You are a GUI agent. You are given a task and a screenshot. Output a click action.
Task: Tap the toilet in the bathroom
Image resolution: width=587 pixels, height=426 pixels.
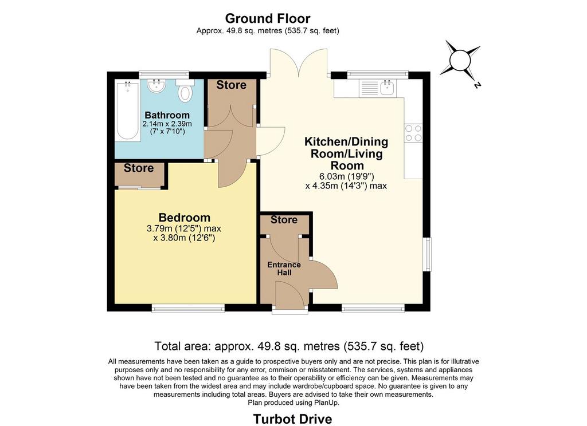click(x=185, y=90)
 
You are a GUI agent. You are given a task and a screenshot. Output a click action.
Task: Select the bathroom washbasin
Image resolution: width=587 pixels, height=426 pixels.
click(x=156, y=86)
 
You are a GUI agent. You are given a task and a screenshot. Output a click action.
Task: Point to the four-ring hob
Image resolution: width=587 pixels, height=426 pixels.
click(x=413, y=133)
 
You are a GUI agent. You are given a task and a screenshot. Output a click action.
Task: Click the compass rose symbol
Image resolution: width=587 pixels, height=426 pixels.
click(x=460, y=61)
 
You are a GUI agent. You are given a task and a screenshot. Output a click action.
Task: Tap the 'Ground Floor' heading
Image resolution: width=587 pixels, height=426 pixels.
click(x=268, y=18)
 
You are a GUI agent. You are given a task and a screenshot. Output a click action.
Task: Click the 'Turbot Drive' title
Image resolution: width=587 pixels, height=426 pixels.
click(x=292, y=419)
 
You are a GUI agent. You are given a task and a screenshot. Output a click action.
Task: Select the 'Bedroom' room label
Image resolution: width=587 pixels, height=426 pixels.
click(x=185, y=218)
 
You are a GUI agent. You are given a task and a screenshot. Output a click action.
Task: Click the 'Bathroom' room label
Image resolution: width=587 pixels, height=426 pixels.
click(x=167, y=115)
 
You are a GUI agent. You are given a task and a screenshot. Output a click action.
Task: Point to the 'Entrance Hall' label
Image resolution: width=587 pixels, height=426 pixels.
click(x=284, y=269)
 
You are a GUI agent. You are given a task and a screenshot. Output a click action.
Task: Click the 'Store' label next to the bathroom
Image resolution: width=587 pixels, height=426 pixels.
click(x=232, y=85)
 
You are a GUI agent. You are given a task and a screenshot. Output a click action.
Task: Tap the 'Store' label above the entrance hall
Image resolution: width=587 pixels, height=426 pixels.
click(x=284, y=219)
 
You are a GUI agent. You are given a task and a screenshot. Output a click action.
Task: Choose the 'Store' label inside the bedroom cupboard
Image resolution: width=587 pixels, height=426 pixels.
click(x=139, y=168)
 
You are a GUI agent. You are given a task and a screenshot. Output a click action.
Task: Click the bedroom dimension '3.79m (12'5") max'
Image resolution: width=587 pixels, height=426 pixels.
click(x=184, y=228)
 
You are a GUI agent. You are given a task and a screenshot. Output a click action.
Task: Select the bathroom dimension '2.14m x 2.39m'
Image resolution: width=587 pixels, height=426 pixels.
click(x=167, y=124)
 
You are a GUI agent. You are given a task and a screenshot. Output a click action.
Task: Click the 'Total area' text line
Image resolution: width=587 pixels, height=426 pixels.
click(x=289, y=346)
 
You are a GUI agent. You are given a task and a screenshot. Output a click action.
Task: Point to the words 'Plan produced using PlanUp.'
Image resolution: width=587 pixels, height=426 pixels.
click(x=293, y=403)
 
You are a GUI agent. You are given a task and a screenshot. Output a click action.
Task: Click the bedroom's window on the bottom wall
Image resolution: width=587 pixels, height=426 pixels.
click(x=188, y=308)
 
